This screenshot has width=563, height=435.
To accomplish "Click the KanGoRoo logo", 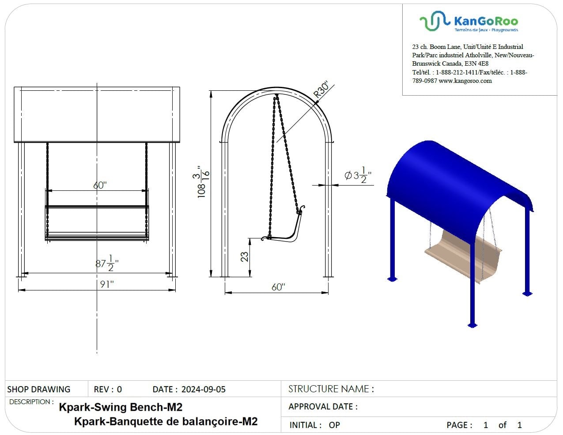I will [469, 22].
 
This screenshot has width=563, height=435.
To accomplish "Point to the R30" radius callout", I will [321, 89].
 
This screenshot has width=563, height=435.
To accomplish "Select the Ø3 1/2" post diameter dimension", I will [358, 175].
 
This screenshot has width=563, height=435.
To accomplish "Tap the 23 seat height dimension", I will [244, 257].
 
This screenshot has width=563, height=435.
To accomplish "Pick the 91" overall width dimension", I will [106, 285].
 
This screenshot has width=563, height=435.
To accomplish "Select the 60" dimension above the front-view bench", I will [100, 185].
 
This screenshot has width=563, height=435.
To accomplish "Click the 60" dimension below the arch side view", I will [278, 287].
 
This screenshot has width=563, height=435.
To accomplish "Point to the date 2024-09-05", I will [203, 389].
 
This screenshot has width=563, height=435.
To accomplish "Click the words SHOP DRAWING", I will [39, 389].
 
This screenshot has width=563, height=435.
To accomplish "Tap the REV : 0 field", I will [108, 389].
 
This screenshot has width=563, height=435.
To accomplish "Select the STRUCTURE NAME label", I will [331, 389].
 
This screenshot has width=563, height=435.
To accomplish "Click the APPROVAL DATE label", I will [323, 406].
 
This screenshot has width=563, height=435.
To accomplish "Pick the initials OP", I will [334, 425].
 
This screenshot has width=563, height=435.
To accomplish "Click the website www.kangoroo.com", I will [465, 81].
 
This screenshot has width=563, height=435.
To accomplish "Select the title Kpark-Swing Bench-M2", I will [121, 407].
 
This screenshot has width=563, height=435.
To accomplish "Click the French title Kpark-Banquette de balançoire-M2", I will [166, 421].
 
